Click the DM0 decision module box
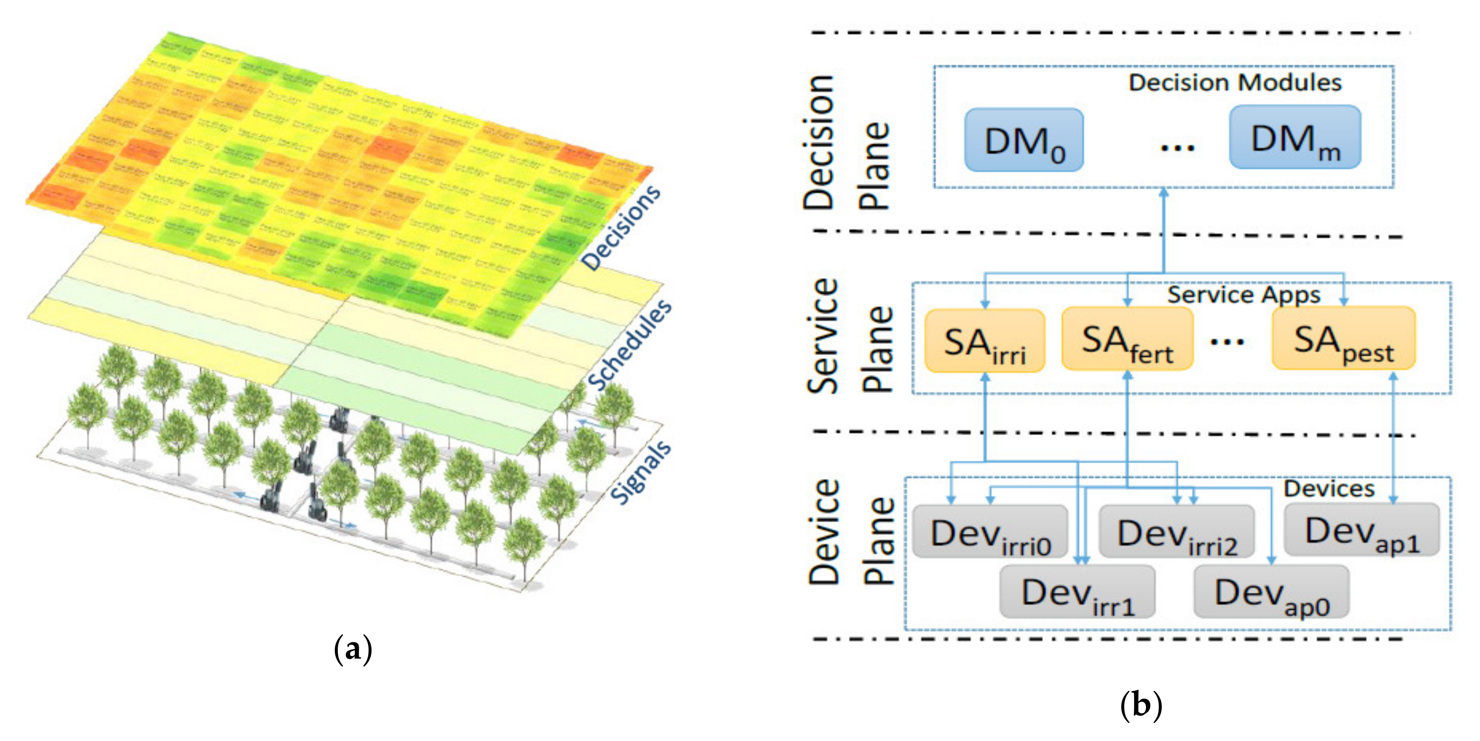tap(1024, 140)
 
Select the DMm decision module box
tap(1295, 138)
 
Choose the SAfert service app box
tap(1127, 339)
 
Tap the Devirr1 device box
tap(1077, 592)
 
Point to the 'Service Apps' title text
tap(1244, 295)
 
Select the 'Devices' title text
tap(1329, 488)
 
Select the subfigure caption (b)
tap(1141, 705)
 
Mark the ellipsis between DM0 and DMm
tap(1177, 148)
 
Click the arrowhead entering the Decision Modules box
tap(1164, 193)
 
